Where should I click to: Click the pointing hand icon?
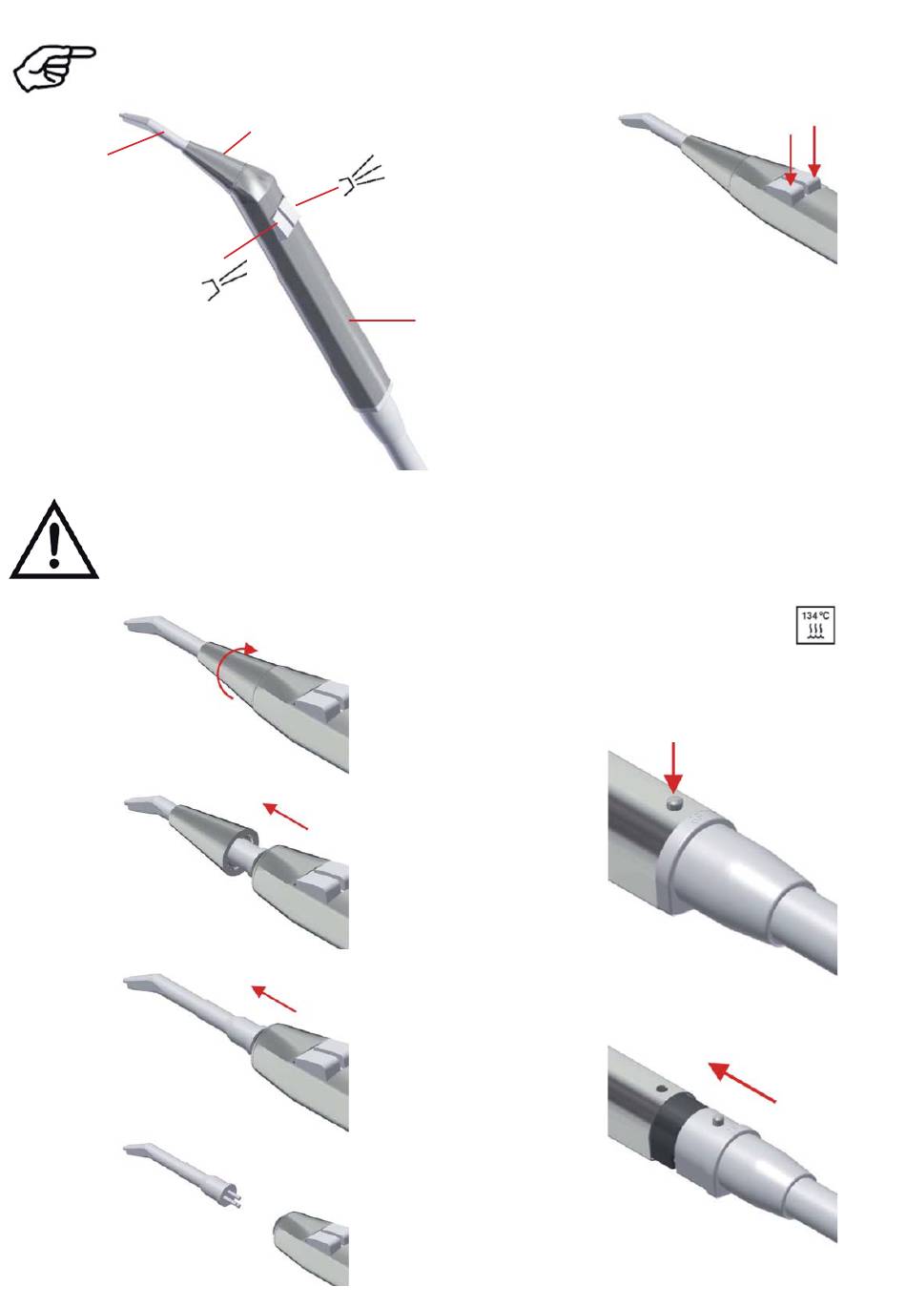click(53, 69)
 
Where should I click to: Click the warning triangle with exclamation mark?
click(54, 539)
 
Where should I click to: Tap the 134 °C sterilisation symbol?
click(815, 626)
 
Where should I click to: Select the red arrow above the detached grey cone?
click(285, 816)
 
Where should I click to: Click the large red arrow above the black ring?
click(741, 1083)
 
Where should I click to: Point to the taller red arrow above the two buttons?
click(813, 151)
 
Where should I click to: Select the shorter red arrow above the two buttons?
click(791, 159)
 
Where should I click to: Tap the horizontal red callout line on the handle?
click(382, 321)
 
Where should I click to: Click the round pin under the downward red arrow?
click(674, 803)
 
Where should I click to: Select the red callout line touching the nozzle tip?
click(135, 143)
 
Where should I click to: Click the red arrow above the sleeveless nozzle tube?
click(274, 998)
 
